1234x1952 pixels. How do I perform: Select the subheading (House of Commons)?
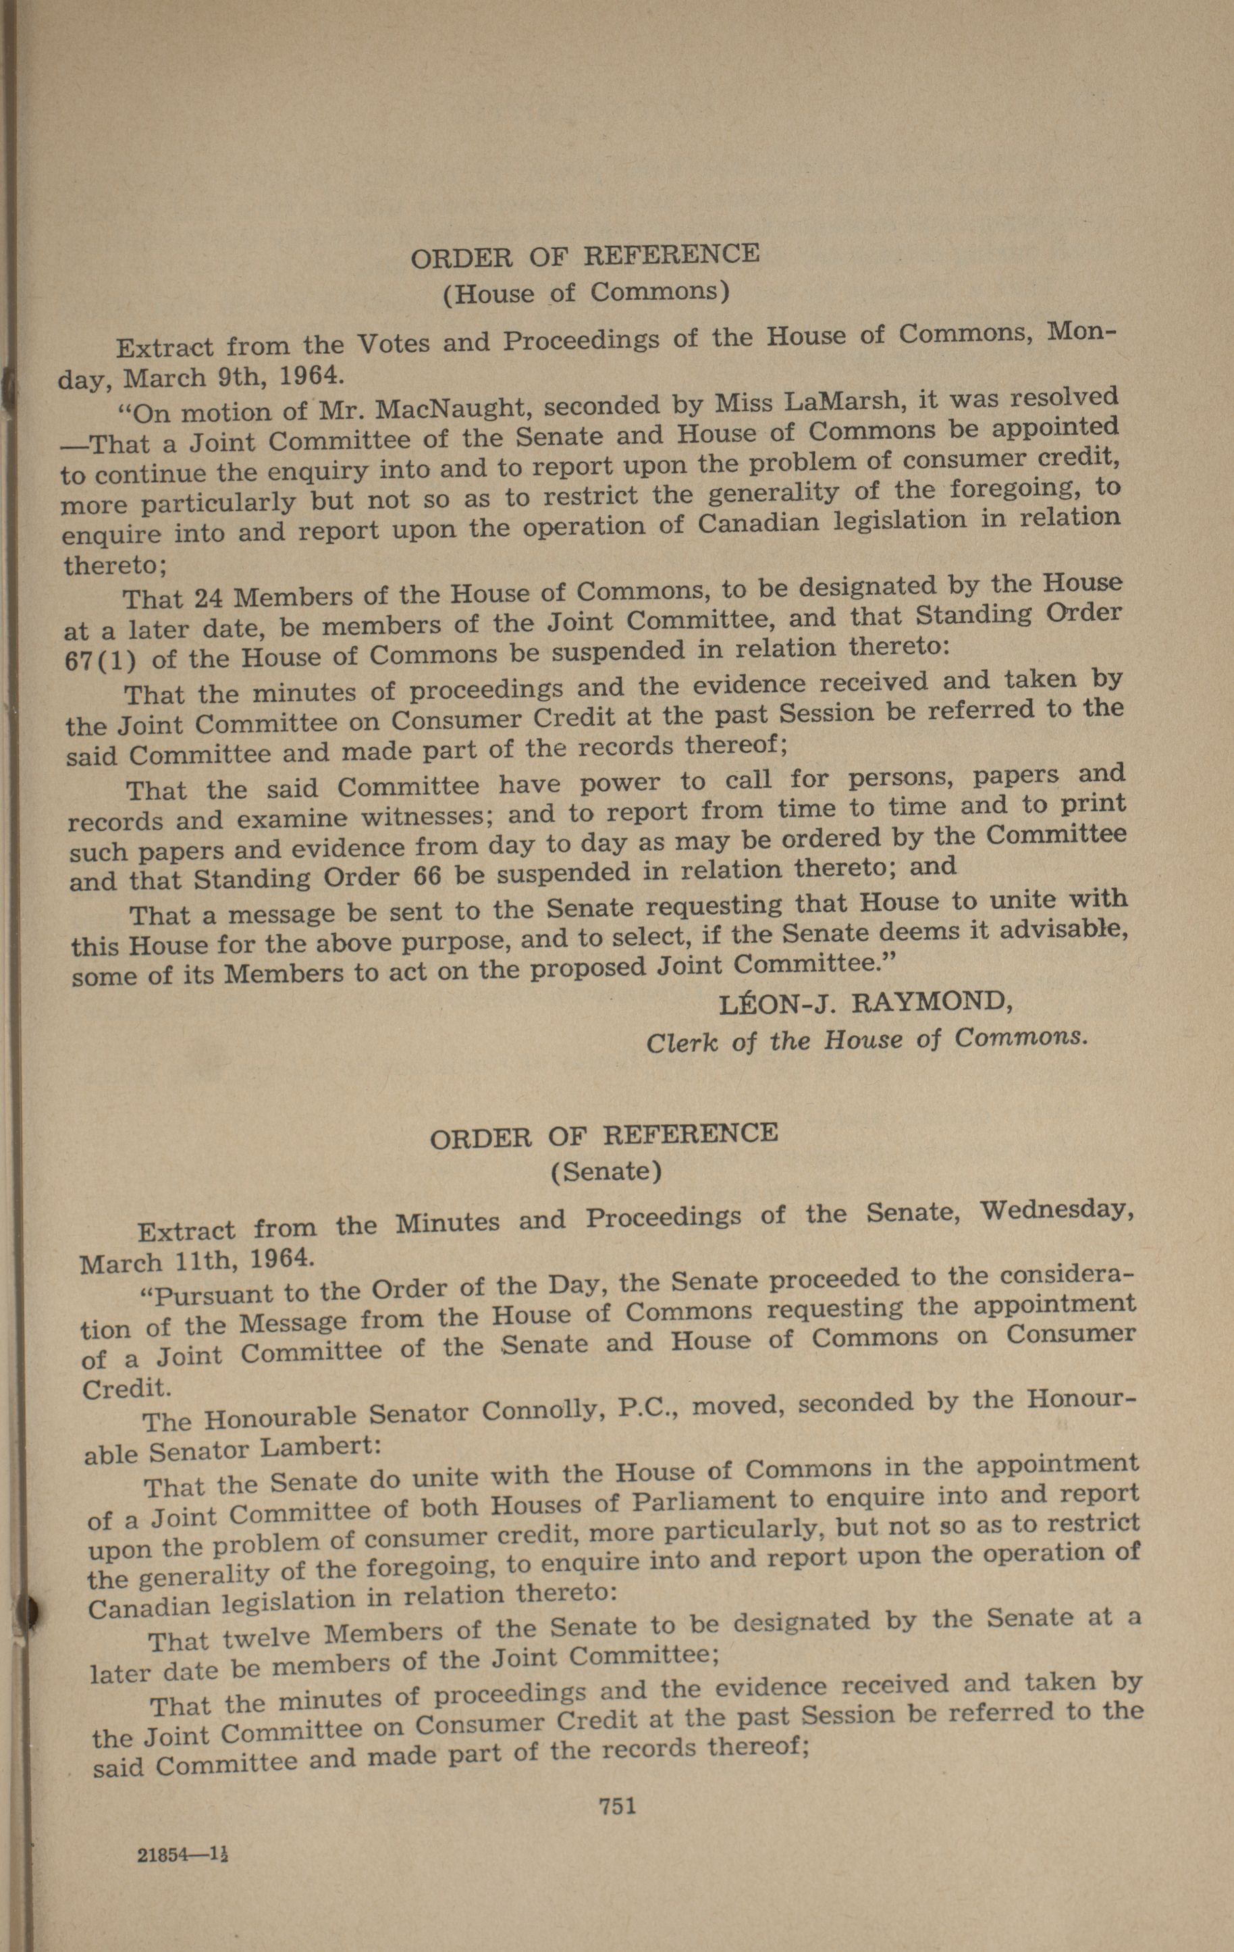586,292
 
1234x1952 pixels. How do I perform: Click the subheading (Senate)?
606,1171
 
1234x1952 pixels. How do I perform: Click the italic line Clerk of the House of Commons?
865,1040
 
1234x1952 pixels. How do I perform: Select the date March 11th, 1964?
194,1261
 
